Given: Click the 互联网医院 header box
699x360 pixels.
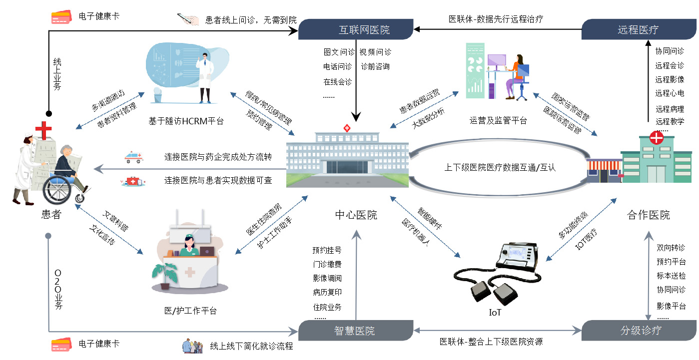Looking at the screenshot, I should coord(356,29).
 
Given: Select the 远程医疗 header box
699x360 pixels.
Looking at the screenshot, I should coord(638,29).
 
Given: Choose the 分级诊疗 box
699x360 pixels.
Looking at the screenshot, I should coord(641,331).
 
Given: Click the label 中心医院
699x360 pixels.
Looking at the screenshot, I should coord(356,215).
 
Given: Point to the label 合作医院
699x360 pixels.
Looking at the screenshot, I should coord(648,215).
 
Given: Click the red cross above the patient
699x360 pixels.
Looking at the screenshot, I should coord(43,130).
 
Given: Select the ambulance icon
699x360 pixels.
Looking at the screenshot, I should coord(133,158).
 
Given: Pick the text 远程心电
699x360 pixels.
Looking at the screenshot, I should coord(670,93).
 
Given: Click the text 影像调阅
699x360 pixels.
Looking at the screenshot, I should coord(327,278).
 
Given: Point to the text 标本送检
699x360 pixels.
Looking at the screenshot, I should coord(671,276).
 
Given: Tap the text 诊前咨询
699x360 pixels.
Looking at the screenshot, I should coord(375,66).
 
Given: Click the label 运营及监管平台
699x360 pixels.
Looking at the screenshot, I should coord(498,120).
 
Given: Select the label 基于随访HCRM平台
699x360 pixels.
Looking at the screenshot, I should coord(186,120).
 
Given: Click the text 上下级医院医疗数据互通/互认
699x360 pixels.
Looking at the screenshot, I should coord(500,168).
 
